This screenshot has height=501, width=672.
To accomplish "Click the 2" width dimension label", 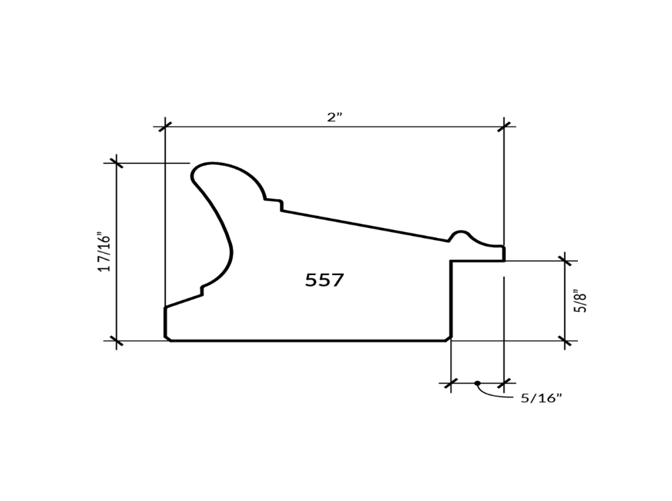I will click(x=335, y=117).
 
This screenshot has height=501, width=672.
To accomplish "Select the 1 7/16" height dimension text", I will click(x=104, y=252).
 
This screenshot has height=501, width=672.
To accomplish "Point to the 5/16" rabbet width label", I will click(x=541, y=398).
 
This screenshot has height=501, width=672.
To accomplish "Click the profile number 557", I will click(x=325, y=280).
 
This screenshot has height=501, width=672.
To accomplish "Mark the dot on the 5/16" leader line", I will click(x=477, y=383).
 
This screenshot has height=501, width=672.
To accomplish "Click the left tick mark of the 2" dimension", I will click(x=165, y=126).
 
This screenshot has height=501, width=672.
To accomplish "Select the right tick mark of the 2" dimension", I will click(x=504, y=126).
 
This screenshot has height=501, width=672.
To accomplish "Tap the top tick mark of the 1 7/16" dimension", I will click(x=117, y=163).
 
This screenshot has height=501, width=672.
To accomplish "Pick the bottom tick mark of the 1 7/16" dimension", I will click(x=117, y=341).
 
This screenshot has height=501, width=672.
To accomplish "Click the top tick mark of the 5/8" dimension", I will click(x=565, y=261).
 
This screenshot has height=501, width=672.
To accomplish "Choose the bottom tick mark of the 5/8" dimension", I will click(x=565, y=341).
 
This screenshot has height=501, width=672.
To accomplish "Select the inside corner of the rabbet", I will click(x=451, y=262).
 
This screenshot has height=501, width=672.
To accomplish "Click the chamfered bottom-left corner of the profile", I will click(x=167, y=338).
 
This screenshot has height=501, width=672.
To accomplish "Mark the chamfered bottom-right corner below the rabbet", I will click(x=448, y=338).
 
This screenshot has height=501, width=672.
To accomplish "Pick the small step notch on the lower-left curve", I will click(x=202, y=291).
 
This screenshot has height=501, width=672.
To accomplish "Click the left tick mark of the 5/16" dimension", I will click(x=451, y=383).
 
